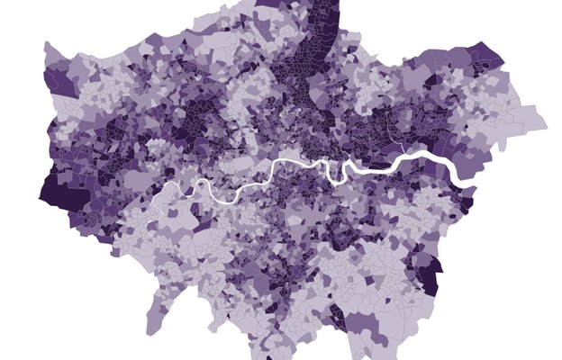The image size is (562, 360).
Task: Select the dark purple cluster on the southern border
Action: point(337,316)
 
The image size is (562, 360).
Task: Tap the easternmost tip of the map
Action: point(547,120)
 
